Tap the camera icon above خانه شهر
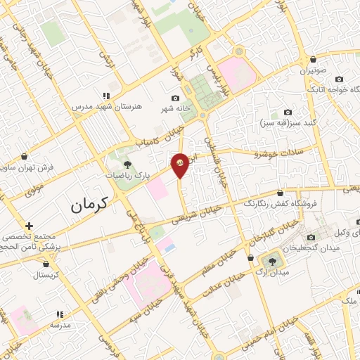click(175, 98)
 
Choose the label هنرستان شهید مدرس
click(107, 106)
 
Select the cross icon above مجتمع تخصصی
click(28, 226)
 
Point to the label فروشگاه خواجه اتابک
click(330, 89)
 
